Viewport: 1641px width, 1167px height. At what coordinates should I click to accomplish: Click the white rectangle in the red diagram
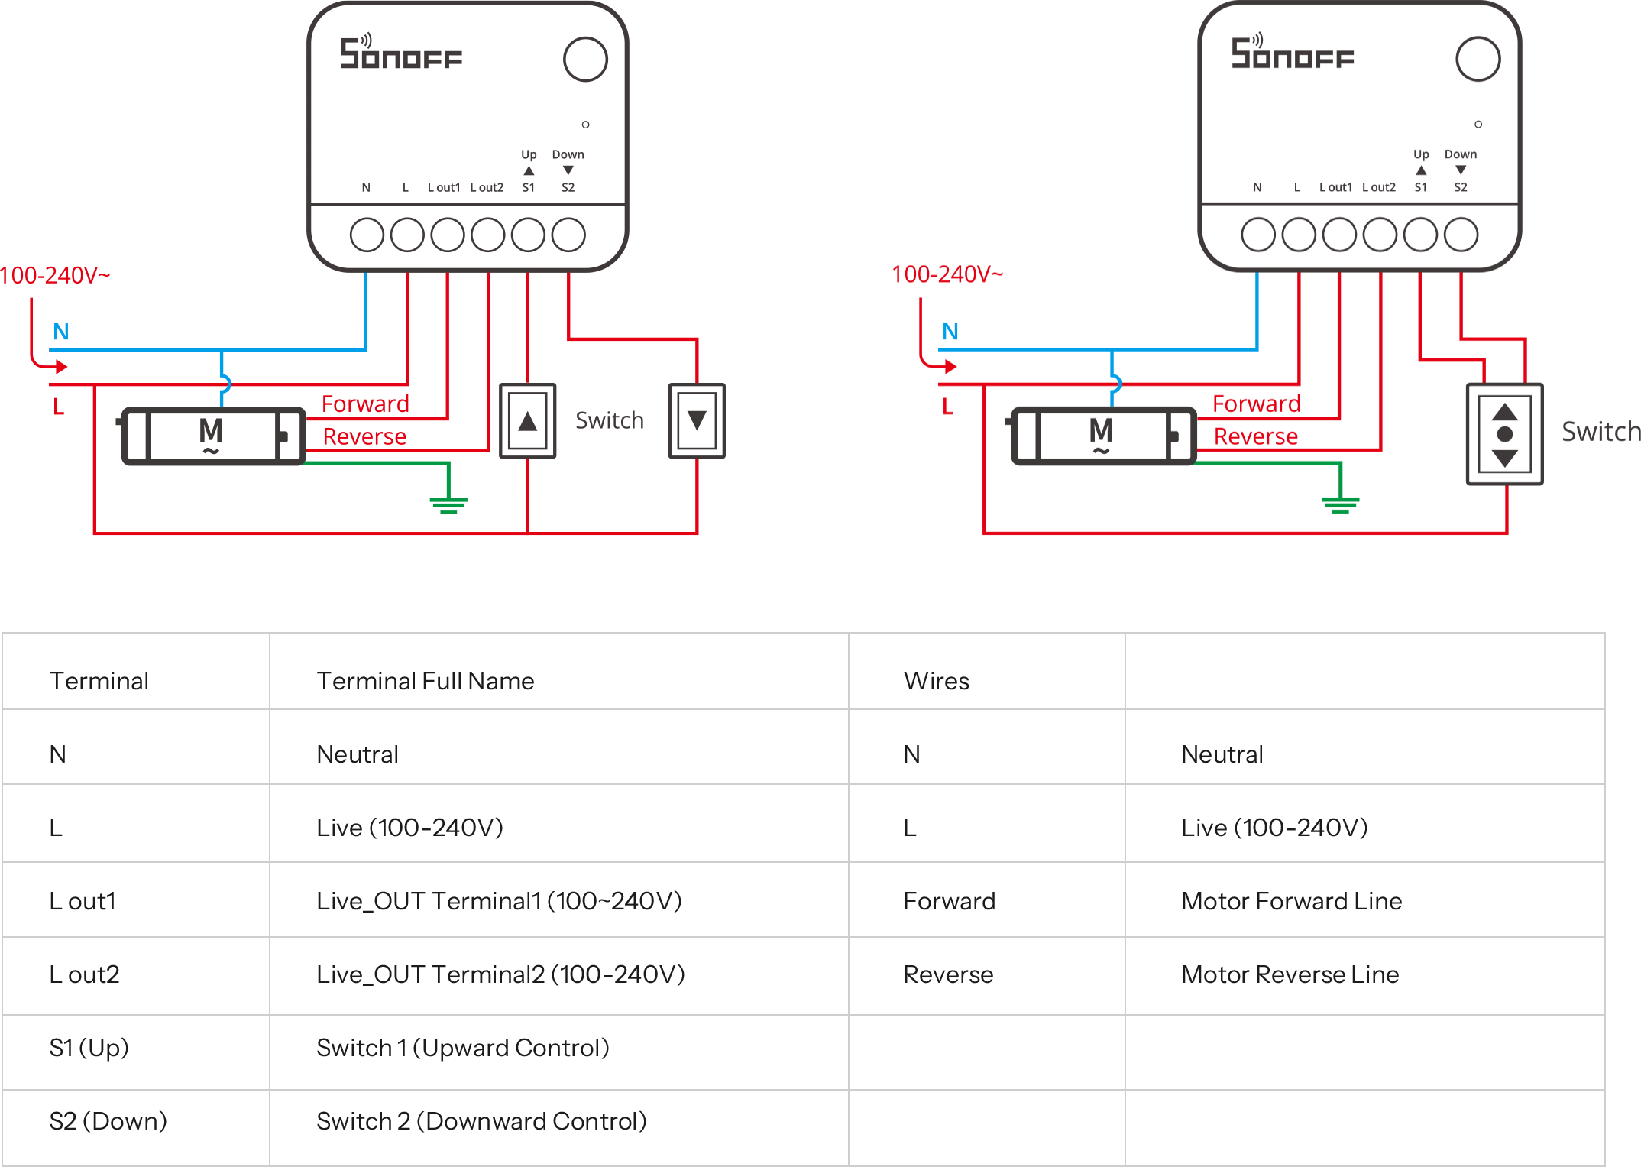click(x=852, y=421)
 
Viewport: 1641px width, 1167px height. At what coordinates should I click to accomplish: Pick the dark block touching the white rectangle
click(x=611, y=421)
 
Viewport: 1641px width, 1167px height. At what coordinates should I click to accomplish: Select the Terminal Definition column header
click(x=425, y=679)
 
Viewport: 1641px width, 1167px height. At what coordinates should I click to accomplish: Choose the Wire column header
click(x=936, y=679)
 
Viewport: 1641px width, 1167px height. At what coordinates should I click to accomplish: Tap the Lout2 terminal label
click(x=85, y=973)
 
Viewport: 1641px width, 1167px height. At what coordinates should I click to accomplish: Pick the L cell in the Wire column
click(x=911, y=825)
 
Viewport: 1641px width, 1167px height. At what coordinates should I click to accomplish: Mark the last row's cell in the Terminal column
click(x=109, y=1120)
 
